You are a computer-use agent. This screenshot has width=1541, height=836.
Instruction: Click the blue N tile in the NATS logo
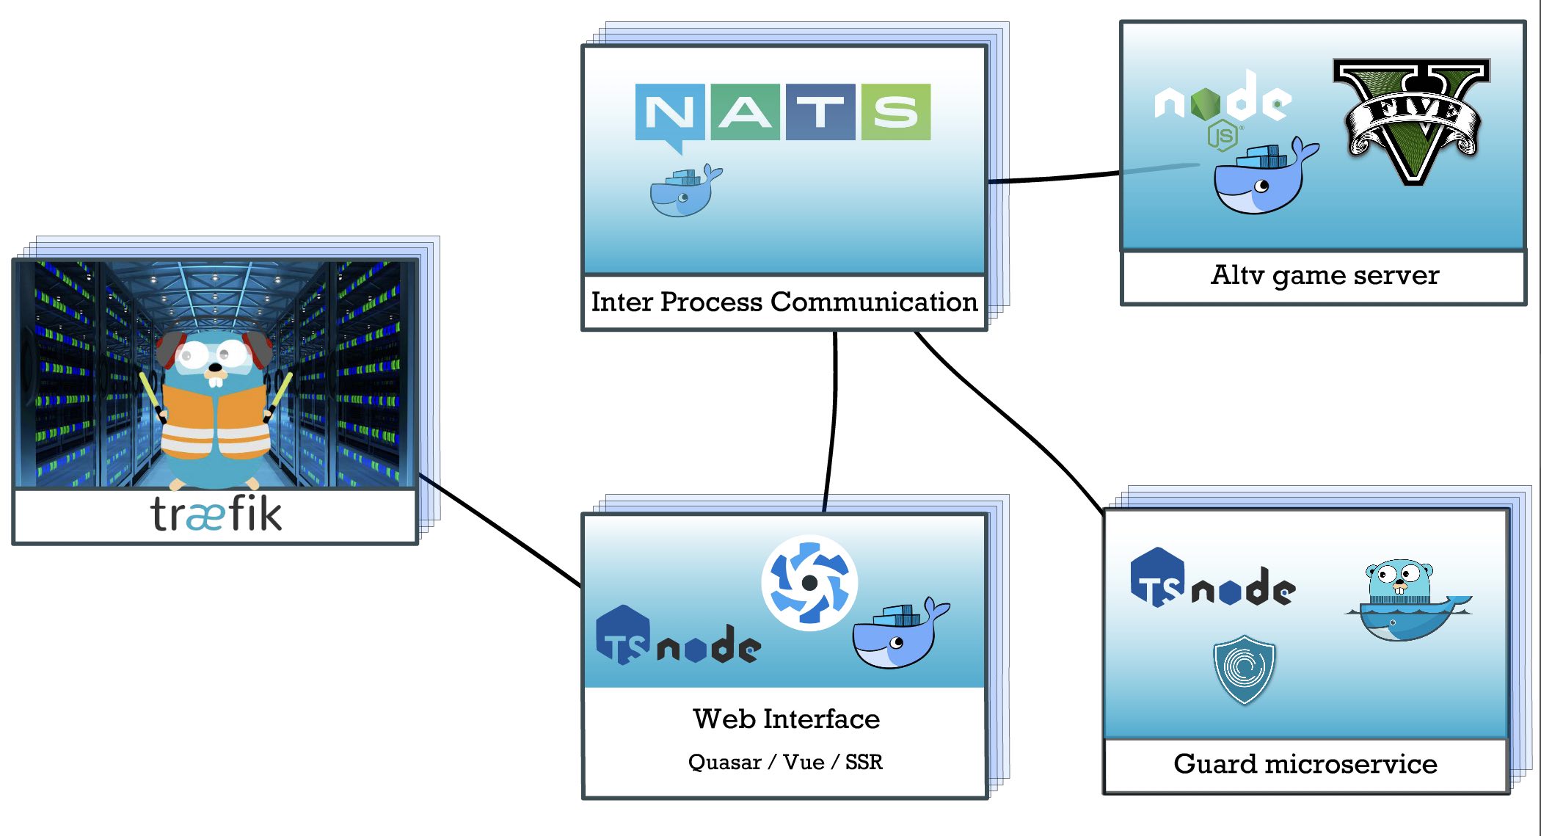pos(669,112)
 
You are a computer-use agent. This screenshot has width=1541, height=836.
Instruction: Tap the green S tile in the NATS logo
pos(896,112)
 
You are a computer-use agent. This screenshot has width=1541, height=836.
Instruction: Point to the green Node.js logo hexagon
pos(1205,104)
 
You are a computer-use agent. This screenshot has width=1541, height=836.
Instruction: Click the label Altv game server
pos(1325,275)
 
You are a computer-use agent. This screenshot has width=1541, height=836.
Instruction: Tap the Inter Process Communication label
pos(784,302)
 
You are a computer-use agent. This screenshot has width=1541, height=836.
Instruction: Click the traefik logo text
pos(216,514)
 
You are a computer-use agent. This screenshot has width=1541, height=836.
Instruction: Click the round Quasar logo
pos(809,583)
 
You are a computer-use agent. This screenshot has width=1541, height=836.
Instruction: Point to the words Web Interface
pos(786,719)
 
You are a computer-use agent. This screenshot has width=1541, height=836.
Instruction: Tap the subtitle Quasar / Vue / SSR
pos(785,762)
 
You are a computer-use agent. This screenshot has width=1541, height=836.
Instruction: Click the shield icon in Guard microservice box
pos(1244,669)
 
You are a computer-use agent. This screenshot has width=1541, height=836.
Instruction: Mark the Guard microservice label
pos(1305,764)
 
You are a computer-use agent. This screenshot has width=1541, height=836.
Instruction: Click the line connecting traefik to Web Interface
pos(499,530)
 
